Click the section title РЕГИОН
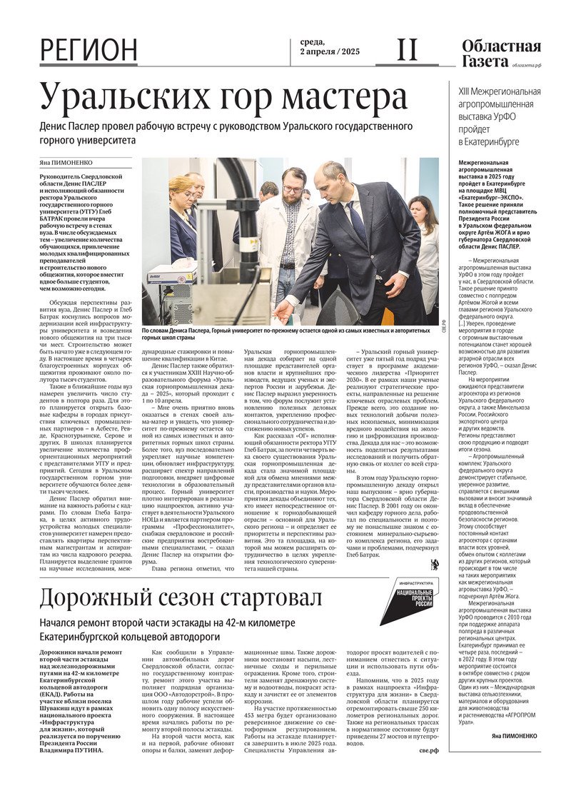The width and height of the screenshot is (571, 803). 89,50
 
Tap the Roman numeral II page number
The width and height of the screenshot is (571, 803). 407,50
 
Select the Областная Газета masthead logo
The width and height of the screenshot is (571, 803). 500,54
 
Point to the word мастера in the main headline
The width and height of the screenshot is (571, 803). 340,98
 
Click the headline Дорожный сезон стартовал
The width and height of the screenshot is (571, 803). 181,597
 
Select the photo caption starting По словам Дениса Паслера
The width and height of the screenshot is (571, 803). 290,335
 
